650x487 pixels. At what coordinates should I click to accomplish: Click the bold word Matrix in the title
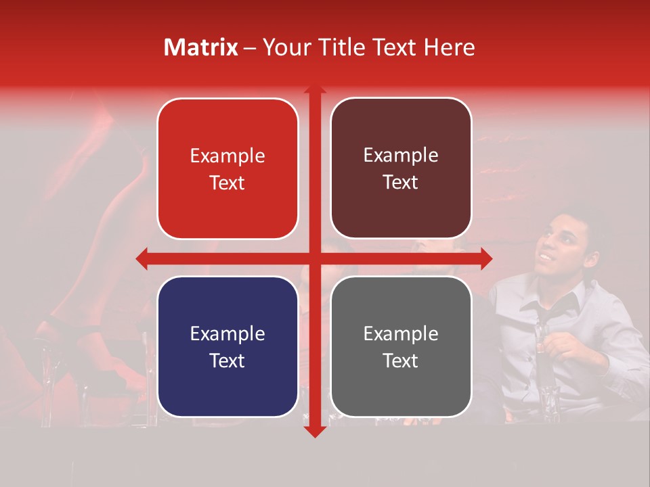click(x=201, y=47)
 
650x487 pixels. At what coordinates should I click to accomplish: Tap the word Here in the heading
click(x=449, y=47)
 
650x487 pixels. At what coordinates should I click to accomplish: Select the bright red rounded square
click(x=227, y=169)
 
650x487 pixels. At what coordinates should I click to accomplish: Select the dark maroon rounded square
click(x=401, y=169)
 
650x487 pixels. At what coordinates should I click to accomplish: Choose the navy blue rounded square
click(x=227, y=346)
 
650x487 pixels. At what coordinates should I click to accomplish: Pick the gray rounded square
click(x=401, y=346)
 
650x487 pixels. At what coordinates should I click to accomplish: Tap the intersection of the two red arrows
click(x=314, y=258)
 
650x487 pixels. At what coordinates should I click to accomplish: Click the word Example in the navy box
click(x=227, y=333)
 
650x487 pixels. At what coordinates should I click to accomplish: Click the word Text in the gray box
click(x=401, y=361)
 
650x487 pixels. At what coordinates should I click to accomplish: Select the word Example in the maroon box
click(x=401, y=156)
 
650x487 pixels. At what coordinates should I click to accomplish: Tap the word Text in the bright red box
click(x=227, y=183)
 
